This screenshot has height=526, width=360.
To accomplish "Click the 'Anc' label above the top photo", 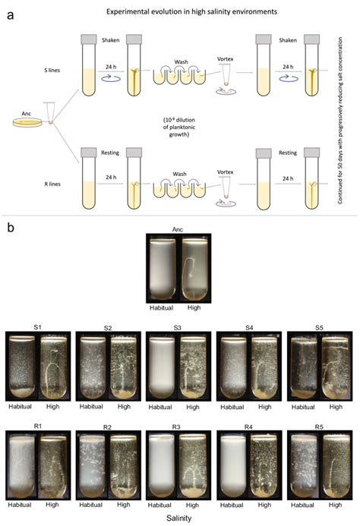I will (x=178, y=228).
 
